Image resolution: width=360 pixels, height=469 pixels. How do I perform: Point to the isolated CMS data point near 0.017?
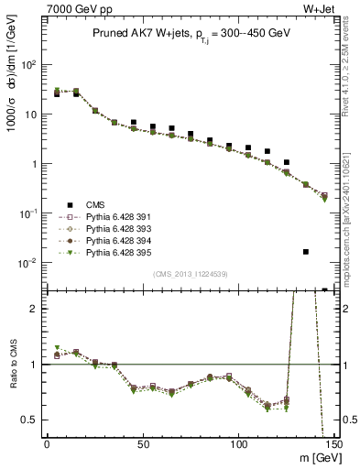[305, 251]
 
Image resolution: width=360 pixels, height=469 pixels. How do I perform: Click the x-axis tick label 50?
[143, 444]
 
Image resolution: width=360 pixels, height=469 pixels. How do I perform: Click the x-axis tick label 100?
[238, 444]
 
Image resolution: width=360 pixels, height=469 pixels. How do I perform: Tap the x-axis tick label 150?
[333, 444]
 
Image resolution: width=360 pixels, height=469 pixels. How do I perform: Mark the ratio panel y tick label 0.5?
[30, 420]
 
